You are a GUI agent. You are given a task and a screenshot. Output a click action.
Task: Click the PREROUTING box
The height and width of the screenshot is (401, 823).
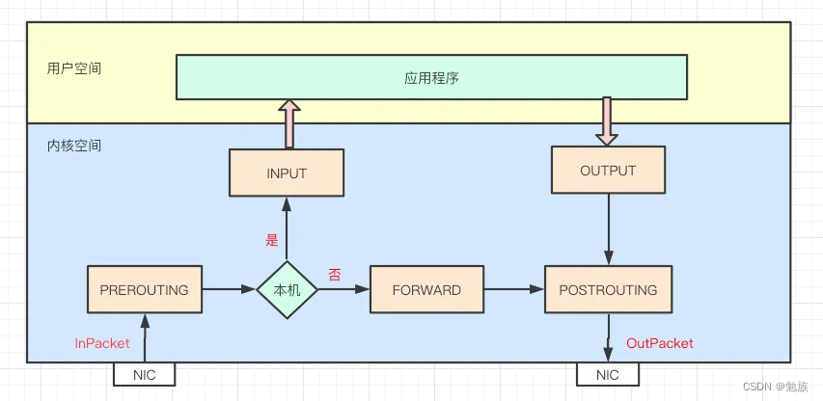coord(145,289)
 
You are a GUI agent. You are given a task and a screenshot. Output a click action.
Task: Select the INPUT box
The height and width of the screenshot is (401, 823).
coord(286,174)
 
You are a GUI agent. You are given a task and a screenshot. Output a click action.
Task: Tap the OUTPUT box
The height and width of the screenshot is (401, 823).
coord(607,171)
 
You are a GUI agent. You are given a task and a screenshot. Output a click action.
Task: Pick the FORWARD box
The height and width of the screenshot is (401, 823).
coord(426,289)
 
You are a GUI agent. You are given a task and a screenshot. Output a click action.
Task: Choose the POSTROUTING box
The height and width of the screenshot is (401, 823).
coord(607,289)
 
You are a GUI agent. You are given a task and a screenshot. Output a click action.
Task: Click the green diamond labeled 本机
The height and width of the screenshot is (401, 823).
coord(287,289)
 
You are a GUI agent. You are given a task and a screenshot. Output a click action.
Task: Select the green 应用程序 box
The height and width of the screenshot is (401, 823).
coord(431,77)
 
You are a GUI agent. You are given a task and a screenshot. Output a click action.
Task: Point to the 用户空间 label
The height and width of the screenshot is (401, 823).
coord(74,69)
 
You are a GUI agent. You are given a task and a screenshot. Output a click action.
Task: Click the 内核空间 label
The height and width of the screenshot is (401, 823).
coord(74,147)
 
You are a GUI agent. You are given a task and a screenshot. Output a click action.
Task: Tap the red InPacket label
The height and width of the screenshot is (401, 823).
coord(102,343)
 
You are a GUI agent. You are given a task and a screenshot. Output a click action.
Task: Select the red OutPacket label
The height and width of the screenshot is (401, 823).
coord(660,343)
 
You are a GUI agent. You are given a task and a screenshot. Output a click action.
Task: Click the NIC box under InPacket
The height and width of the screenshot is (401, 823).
coord(145,374)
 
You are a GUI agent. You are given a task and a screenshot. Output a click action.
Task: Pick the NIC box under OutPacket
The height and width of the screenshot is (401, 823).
coord(607,374)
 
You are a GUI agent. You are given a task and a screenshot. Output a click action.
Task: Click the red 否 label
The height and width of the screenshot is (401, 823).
coord(335,275)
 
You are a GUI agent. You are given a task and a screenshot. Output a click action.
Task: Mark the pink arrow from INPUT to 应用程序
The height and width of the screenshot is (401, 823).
coord(287,123)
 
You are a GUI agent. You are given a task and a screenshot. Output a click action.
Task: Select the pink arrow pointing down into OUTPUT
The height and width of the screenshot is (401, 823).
coord(607,121)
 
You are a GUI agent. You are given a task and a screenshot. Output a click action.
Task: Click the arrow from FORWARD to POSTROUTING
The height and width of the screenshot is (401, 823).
coord(513,289)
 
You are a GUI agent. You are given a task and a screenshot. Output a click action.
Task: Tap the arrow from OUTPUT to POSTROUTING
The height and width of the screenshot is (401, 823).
coord(607,228)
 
